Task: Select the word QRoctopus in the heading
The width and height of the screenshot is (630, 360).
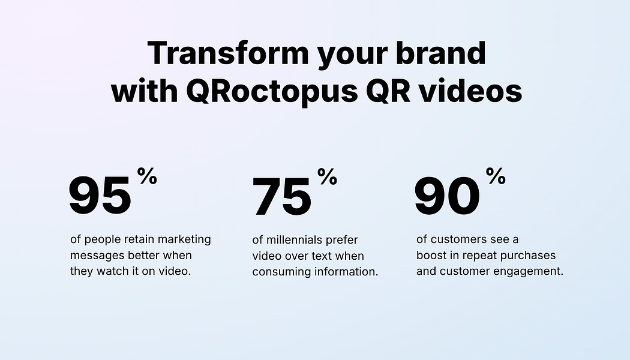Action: (x=272, y=92)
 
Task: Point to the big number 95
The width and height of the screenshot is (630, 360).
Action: (x=100, y=196)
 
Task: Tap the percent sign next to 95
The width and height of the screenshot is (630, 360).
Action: (x=147, y=176)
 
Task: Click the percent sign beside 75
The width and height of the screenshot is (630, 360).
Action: (x=327, y=176)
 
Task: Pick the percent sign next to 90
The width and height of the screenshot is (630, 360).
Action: (x=496, y=176)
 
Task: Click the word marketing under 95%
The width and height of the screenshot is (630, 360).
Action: (x=184, y=239)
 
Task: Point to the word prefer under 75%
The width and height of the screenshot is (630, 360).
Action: (x=341, y=240)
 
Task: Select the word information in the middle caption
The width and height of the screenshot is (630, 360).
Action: (x=346, y=272)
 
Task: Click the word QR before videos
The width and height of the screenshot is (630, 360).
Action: (x=388, y=91)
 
